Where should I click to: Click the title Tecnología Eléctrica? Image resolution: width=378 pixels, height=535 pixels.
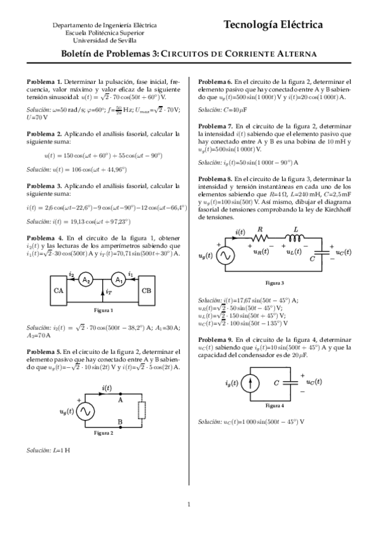point(273,25)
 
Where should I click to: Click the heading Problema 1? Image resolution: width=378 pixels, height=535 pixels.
point(44,82)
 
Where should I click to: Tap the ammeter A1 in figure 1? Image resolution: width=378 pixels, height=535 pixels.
point(117,281)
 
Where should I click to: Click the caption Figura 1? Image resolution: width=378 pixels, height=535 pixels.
point(103,310)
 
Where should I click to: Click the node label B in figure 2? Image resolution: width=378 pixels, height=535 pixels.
point(120,423)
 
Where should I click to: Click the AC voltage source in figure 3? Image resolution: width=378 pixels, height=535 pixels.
point(225,256)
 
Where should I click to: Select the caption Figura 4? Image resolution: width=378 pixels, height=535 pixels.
point(275,406)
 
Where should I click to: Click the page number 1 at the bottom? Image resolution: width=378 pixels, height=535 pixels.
point(189,503)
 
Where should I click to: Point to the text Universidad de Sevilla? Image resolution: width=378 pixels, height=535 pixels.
point(105,40)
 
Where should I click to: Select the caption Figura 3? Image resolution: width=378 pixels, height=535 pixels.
point(275,282)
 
